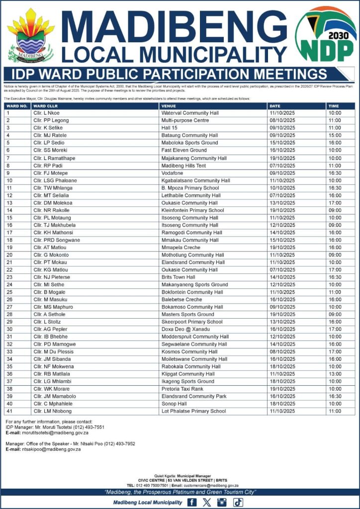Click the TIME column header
click(x=334, y=106)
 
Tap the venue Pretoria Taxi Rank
click(x=182, y=389)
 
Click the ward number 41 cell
click(x=9, y=412)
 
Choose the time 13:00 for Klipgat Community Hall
click(x=334, y=374)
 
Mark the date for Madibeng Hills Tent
click(x=282, y=166)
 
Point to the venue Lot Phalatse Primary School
click(x=193, y=412)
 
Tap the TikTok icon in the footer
click(x=238, y=503)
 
